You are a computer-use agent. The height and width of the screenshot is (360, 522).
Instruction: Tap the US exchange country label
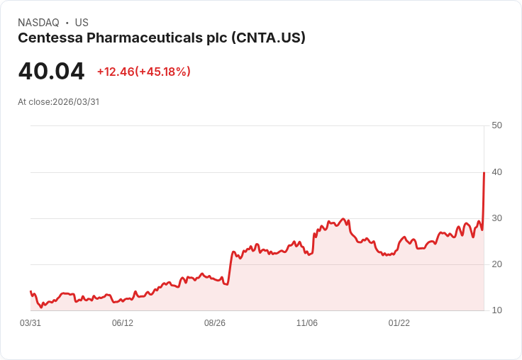(x=82, y=23)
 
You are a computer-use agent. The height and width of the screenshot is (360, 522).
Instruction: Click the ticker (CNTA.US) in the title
(x=269, y=38)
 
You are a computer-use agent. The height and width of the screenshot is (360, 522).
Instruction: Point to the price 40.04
(x=51, y=72)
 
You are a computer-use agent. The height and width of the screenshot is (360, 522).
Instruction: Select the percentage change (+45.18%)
(x=165, y=72)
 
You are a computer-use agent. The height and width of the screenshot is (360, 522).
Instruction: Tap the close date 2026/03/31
(x=76, y=102)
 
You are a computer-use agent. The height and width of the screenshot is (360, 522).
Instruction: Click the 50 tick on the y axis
(x=496, y=125)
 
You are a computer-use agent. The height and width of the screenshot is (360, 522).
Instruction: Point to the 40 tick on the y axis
(x=496, y=171)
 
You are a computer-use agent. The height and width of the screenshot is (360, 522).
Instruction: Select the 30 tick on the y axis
(x=496, y=218)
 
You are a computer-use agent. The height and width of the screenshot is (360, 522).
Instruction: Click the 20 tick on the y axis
(x=496, y=264)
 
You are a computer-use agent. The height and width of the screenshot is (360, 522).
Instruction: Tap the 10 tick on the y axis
(x=496, y=310)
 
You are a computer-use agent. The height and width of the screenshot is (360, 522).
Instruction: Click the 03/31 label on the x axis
(x=30, y=323)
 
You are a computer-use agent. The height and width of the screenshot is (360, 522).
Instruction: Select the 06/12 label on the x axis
(x=123, y=323)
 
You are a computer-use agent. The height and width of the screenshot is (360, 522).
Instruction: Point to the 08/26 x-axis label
(x=215, y=323)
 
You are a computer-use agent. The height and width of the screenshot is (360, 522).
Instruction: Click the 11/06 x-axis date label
(x=307, y=323)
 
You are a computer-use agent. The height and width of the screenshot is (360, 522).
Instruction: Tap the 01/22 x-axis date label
(x=399, y=323)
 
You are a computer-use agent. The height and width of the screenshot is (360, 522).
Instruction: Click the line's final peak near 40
(x=484, y=173)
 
